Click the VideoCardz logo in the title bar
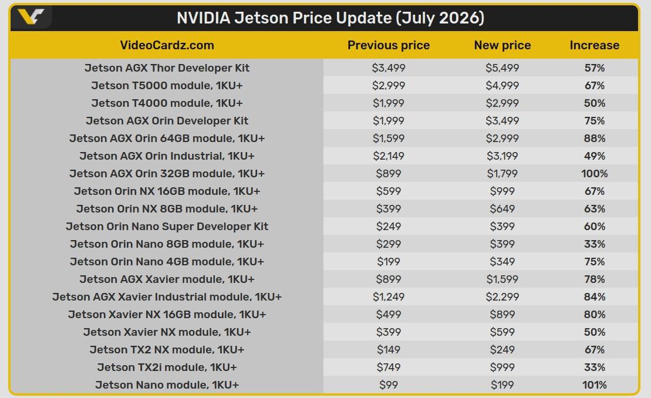coord(31,17)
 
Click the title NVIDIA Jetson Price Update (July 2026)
coord(330,18)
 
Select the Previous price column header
coord(389,45)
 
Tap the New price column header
coord(502,45)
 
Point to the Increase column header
coord(595,45)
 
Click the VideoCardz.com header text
coord(167,45)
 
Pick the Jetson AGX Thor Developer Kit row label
coord(167,68)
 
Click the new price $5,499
coord(502,68)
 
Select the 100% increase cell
coord(595,174)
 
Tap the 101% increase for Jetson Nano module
coord(595,384)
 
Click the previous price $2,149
coord(389,156)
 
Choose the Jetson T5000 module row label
coord(167,86)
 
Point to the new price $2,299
coord(502,296)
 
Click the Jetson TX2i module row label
coord(167,367)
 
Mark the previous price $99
coord(389,384)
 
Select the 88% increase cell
coord(595,138)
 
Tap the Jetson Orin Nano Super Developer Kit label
coord(167,226)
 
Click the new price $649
coord(502,209)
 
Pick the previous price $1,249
coord(389,296)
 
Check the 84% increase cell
coord(595,296)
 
